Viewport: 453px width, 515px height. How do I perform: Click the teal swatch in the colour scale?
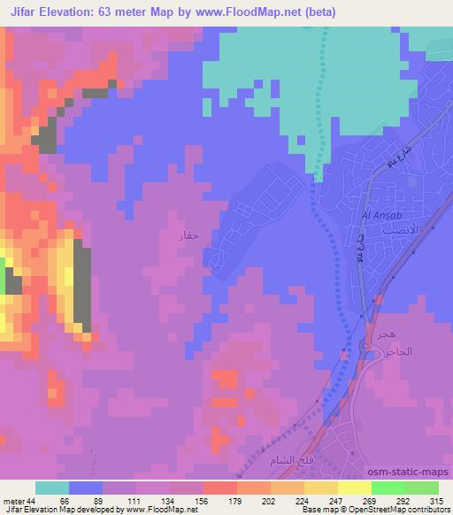point(52,488)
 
